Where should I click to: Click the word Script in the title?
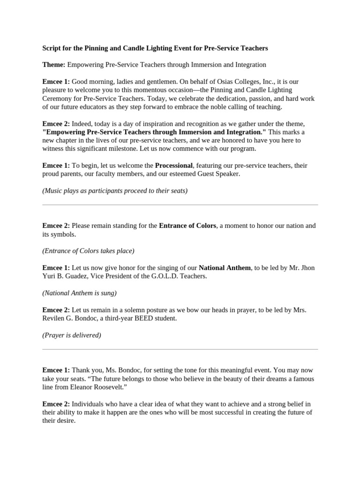[x=52, y=48]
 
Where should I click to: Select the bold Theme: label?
[x=54, y=65]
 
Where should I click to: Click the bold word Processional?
[x=174, y=165]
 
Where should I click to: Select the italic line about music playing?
[x=115, y=191]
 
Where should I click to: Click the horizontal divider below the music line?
[x=180, y=205]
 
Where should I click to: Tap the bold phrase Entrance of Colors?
[x=187, y=225]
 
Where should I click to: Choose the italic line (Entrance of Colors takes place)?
[x=88, y=251]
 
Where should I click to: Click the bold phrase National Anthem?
[x=225, y=268]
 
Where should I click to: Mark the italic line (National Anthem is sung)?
[x=79, y=293]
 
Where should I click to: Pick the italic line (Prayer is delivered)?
[x=72, y=335]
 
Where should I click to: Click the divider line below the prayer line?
[x=180, y=349]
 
